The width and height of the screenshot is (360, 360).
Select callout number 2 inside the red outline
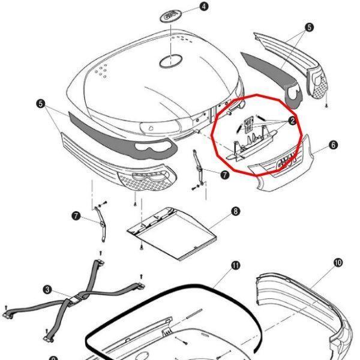pos(292,121)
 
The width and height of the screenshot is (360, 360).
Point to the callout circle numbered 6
pos(333,145)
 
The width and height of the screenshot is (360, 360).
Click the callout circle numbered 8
pos(235,211)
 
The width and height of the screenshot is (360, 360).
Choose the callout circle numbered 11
pos(235,265)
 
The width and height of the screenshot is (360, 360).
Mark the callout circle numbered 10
pos(338,263)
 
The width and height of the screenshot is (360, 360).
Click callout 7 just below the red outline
pos(224,175)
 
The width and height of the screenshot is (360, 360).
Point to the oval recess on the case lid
pos(170,61)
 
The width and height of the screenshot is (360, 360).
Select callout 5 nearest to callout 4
pos(309,28)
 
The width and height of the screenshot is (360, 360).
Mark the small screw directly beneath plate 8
pos(140,247)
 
